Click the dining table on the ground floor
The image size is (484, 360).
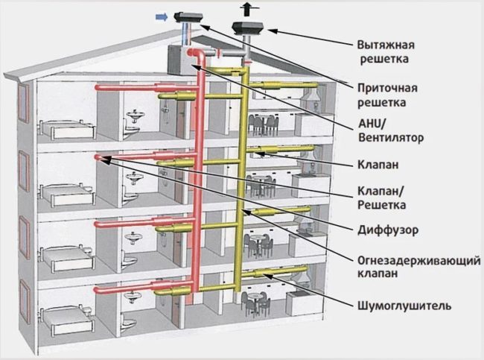(257, 298)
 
